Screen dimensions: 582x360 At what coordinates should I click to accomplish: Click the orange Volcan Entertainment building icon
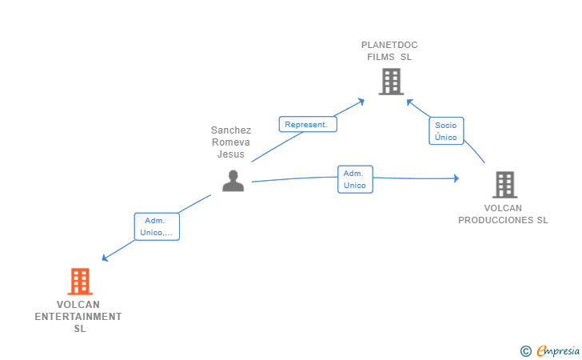click(x=80, y=282)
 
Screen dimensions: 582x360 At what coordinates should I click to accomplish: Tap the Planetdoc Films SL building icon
click(x=391, y=82)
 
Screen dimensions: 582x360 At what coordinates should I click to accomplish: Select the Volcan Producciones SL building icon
click(x=504, y=185)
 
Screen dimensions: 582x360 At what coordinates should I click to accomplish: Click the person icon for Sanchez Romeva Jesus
click(x=233, y=181)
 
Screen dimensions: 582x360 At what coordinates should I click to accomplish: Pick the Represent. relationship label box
click(x=308, y=124)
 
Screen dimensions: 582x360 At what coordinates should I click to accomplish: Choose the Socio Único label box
click(x=446, y=130)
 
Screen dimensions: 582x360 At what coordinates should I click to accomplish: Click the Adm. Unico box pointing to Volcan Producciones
click(x=355, y=179)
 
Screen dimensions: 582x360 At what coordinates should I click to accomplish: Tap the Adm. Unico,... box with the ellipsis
click(x=157, y=226)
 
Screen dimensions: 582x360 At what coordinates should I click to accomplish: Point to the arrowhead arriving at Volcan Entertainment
click(x=105, y=258)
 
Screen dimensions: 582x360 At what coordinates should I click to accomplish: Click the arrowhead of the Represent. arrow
click(x=361, y=102)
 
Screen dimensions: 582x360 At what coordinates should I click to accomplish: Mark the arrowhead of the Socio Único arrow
click(x=410, y=102)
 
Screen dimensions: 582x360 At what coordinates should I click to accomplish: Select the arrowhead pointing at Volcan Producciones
click(x=456, y=178)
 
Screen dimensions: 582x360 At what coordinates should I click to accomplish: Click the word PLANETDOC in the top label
click(x=389, y=45)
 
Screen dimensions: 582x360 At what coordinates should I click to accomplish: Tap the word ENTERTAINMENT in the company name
click(x=78, y=317)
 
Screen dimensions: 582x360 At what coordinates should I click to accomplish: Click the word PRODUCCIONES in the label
click(x=496, y=220)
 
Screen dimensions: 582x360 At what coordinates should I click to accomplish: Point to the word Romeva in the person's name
click(x=231, y=142)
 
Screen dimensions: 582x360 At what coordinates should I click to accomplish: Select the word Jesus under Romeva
click(x=231, y=154)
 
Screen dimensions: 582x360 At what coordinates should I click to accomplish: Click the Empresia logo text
click(x=558, y=350)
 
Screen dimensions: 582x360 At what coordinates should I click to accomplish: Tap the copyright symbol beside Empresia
click(x=526, y=351)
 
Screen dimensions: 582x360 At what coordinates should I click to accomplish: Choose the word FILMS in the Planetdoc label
click(x=381, y=57)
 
